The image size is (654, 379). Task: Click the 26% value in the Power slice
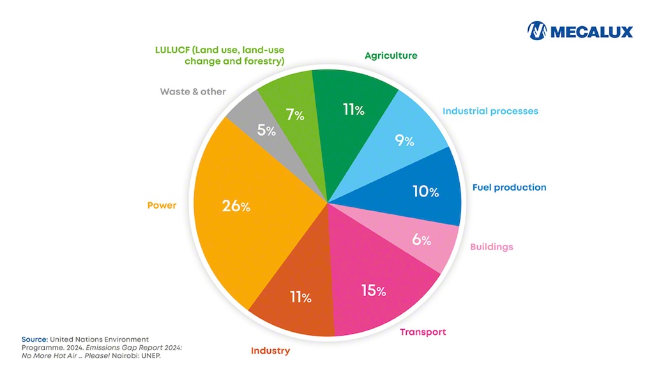click(236, 206)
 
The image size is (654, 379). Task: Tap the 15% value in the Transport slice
click(374, 290)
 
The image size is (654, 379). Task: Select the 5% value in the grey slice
click(266, 130)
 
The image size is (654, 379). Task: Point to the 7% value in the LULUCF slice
click(295, 115)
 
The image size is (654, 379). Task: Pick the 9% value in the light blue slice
click(404, 140)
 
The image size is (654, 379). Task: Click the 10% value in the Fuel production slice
click(425, 191)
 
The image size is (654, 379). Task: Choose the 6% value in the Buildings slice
click(422, 240)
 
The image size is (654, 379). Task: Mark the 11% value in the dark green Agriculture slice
click(353, 110)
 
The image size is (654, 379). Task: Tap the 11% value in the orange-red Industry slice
click(300, 297)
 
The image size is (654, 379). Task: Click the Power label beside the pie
click(162, 205)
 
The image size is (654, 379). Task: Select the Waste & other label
click(193, 91)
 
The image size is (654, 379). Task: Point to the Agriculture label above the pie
click(391, 56)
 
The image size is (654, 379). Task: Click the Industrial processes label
click(490, 111)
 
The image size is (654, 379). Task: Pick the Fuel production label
click(509, 188)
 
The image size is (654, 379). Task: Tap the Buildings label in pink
click(491, 247)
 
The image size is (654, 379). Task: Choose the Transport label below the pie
click(423, 332)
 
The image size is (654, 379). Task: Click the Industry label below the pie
click(270, 350)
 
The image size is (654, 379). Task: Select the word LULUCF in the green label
click(174, 50)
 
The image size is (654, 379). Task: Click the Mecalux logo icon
click(537, 31)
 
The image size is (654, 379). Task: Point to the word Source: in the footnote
click(34, 339)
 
